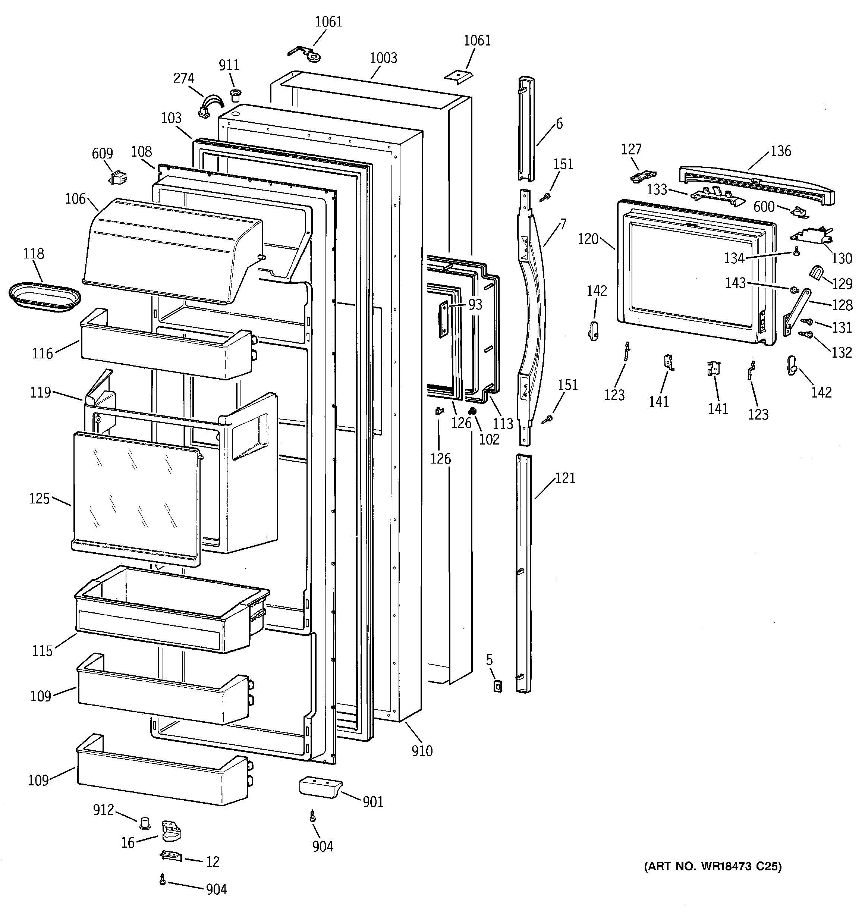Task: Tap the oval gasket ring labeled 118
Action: [44, 295]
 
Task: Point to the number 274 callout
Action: [183, 78]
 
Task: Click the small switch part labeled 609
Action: [118, 178]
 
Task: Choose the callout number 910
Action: [422, 751]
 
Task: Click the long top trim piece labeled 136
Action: [757, 186]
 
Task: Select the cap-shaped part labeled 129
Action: [816, 273]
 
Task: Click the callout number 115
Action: [42, 650]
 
